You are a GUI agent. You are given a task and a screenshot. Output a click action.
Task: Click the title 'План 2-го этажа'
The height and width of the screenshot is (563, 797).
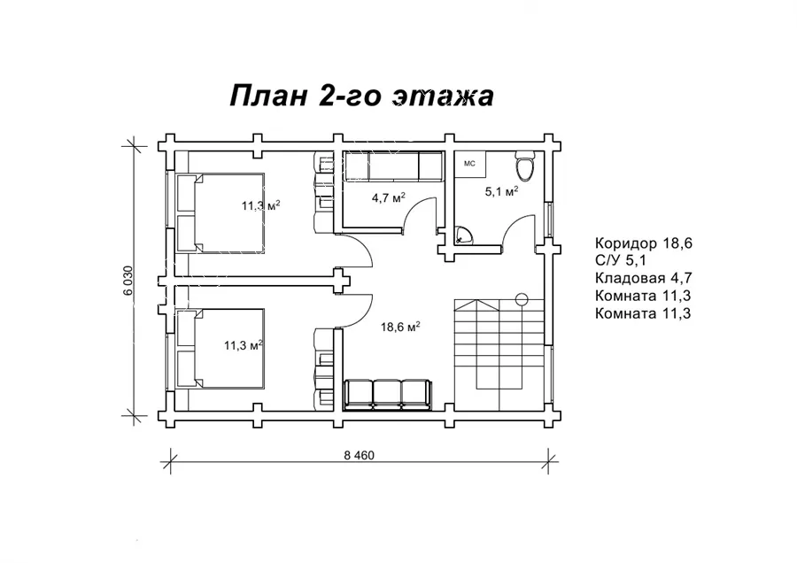[361, 96]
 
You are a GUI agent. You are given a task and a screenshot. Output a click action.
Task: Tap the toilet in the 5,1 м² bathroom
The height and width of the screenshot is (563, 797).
[524, 166]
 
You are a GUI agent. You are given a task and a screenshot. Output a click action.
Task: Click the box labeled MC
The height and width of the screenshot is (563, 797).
[470, 164]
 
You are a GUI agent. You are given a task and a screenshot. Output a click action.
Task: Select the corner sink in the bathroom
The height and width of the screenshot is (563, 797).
[462, 235]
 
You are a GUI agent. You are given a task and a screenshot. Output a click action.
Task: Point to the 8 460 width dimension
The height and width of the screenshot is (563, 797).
[359, 455]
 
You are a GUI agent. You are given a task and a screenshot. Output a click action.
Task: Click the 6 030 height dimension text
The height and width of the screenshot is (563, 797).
[128, 281]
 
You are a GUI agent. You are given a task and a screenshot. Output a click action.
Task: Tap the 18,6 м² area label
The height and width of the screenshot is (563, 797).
[400, 327]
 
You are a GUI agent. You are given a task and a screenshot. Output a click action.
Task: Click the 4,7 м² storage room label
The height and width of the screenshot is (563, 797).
[389, 197]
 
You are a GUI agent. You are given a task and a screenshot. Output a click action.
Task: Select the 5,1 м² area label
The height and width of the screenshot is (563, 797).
[502, 191]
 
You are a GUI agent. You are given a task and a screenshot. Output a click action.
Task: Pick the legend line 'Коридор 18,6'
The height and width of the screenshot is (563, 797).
[644, 243]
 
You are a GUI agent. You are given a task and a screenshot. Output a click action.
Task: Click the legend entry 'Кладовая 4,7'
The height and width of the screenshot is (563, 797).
[644, 278]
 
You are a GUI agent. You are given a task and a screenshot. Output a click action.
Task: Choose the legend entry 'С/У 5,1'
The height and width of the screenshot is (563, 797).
[621, 260]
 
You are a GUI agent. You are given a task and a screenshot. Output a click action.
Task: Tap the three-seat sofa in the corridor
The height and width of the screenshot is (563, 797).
[389, 394]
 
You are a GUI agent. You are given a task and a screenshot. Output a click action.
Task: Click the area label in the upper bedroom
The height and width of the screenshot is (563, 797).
[260, 205]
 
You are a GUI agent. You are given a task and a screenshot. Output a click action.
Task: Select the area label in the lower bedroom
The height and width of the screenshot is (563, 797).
[244, 345]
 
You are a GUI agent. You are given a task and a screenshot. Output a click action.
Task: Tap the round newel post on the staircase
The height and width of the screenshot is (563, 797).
[522, 299]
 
